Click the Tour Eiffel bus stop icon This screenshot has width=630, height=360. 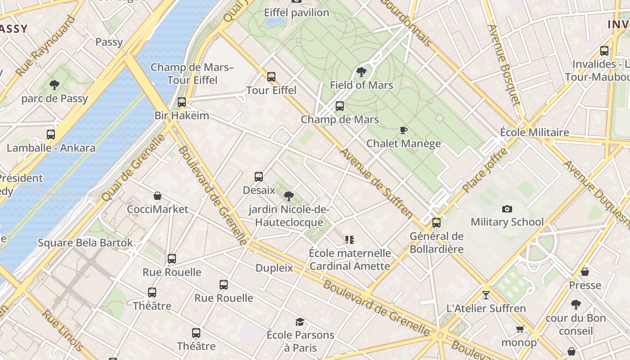[x=271, y=77]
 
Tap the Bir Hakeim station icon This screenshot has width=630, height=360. [x=182, y=102]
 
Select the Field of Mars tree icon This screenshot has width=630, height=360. [x=361, y=72]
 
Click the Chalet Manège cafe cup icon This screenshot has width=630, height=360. [x=404, y=130]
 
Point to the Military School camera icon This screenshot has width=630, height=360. [x=507, y=209]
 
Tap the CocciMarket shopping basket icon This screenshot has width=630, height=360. [x=157, y=196]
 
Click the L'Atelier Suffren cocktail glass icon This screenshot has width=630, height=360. [x=486, y=295]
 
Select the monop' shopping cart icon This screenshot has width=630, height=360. [x=520, y=329]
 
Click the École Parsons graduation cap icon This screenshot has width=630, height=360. [x=300, y=322]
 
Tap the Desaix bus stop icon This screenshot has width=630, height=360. [x=259, y=177]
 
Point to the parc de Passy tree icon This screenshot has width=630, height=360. [x=54, y=85]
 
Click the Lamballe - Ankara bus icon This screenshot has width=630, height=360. [x=51, y=135]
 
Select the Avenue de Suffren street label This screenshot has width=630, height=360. [x=376, y=184]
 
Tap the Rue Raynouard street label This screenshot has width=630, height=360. [x=45, y=46]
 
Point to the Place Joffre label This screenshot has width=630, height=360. [x=485, y=170]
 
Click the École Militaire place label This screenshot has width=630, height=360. [x=535, y=132]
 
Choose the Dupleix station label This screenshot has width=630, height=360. [x=274, y=268]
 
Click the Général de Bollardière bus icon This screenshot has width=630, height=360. [x=436, y=223]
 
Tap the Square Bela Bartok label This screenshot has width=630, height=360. [x=85, y=243]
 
